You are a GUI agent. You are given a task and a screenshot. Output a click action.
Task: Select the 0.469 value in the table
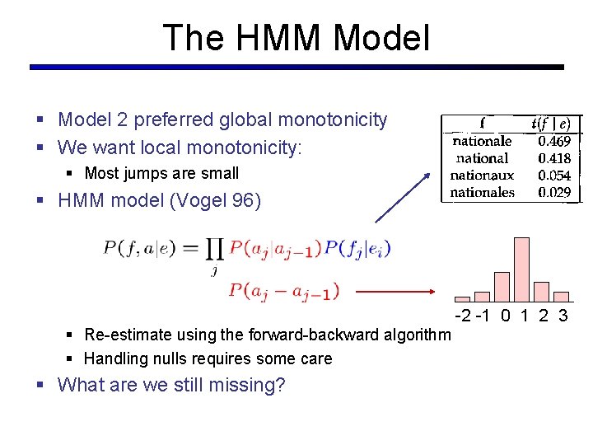pos(554,141)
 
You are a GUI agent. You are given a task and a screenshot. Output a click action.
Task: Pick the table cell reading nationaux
pos(482,176)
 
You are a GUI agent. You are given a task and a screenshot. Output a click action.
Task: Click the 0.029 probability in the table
pos(554,193)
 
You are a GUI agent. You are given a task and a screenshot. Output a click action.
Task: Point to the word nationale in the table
pos(482,141)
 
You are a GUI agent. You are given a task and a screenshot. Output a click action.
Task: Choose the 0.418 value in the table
pos(554,158)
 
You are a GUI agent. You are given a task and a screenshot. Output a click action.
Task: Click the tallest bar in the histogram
pos(521,269)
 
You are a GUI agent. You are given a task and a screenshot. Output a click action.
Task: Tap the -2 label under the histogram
pos(464,316)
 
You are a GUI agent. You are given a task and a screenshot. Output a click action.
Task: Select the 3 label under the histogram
pos(563,316)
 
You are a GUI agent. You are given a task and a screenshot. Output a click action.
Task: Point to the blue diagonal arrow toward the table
pos(403,197)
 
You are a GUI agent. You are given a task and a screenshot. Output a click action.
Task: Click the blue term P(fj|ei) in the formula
pos(357,248)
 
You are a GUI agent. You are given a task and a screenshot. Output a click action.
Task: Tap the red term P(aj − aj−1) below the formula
pos(284,291)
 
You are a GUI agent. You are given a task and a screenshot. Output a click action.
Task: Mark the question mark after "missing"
pos(279,386)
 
